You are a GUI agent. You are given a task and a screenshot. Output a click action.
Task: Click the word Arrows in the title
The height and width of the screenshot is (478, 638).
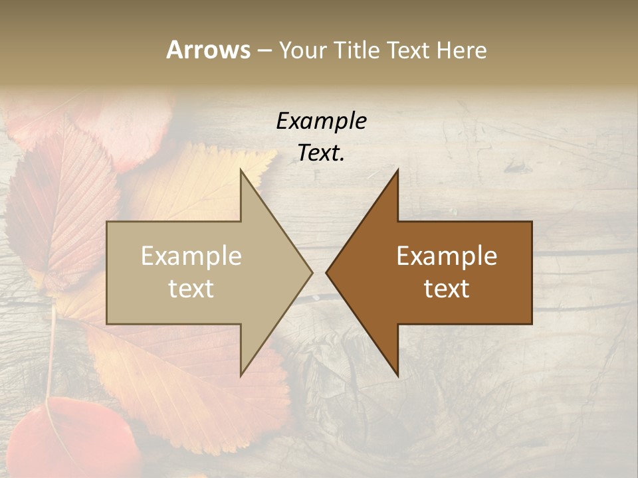[x=208, y=50]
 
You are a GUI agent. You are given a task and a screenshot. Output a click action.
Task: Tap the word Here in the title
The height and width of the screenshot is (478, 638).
[x=461, y=50]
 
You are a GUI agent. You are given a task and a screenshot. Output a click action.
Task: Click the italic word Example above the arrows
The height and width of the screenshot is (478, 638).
[x=321, y=121]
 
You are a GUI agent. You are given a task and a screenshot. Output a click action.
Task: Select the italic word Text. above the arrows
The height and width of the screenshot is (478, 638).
[x=321, y=153]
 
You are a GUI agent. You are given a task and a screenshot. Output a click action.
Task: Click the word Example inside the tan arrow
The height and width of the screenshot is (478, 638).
[x=191, y=256]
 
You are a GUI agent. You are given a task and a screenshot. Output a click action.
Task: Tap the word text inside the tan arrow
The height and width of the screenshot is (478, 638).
[x=191, y=288]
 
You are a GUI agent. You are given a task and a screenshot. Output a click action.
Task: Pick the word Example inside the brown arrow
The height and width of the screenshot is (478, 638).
[x=447, y=256]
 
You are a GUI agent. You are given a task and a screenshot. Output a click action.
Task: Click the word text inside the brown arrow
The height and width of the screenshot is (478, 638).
[x=447, y=288]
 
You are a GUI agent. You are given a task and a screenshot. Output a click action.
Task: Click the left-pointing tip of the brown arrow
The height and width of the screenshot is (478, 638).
[x=327, y=272]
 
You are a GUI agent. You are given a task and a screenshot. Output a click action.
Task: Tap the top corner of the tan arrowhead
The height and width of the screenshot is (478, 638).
[x=241, y=171]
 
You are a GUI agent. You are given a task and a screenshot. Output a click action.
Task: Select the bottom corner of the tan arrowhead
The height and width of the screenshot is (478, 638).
[x=241, y=374]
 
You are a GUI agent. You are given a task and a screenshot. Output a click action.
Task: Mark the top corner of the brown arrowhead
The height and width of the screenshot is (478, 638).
[x=397, y=171]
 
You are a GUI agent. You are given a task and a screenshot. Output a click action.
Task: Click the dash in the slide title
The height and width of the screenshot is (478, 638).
[x=263, y=50]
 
